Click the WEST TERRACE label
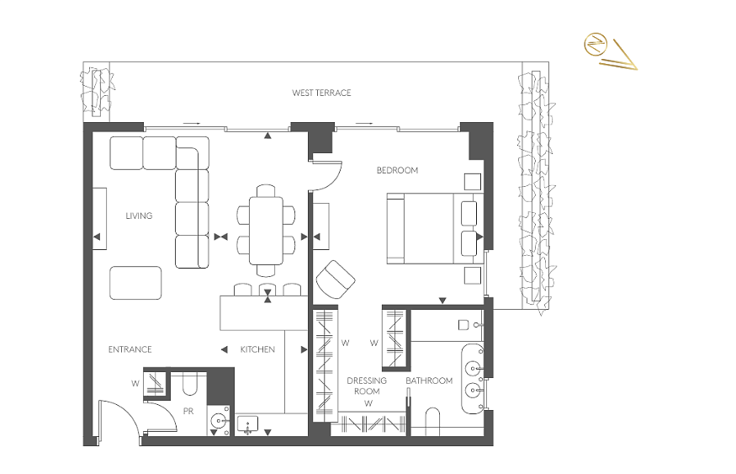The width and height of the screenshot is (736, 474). tap(321, 93)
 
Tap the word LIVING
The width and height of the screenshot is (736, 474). tap(139, 216)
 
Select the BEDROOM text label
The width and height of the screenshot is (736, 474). tap(397, 171)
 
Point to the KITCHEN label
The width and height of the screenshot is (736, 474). tap(257, 349)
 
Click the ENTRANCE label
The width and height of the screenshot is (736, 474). tap(130, 349)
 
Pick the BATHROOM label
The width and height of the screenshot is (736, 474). tap(429, 381)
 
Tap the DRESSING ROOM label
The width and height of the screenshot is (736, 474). tap(367, 386)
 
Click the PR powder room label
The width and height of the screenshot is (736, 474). tap(188, 412)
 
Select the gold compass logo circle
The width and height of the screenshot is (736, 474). tap(596, 45)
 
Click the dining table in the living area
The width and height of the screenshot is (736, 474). tap(266, 230)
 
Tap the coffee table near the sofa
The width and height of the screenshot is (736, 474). tap(135, 283)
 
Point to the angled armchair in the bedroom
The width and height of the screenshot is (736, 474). tap(336, 280)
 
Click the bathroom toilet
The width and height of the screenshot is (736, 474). tap(432, 422)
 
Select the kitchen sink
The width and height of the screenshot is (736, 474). tap(247, 425)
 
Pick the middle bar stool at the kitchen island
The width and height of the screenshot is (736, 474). tap(267, 290)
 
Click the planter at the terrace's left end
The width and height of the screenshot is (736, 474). tap(97, 92)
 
